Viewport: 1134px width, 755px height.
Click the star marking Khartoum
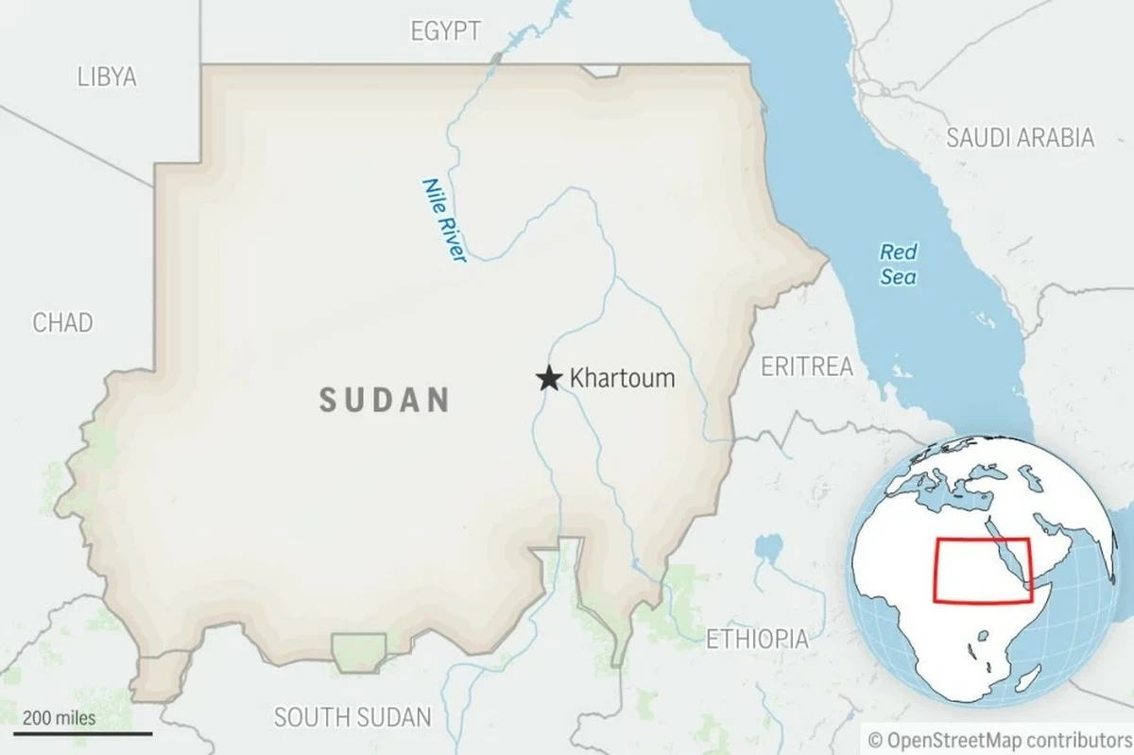(548, 379)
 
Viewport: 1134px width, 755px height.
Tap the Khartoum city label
(622, 379)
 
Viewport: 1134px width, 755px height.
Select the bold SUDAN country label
(384, 400)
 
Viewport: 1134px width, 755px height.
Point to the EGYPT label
(445, 30)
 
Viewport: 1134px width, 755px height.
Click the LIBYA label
(107, 77)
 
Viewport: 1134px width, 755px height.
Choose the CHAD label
(63, 322)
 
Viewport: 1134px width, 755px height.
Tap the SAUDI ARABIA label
(1020, 138)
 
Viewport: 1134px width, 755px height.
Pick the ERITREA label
(806, 367)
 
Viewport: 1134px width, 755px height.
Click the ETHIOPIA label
(757, 639)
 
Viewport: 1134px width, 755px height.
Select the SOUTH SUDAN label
(352, 716)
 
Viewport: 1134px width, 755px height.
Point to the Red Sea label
(898, 265)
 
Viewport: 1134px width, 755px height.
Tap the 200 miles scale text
(60, 717)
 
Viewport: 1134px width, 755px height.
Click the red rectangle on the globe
(982, 570)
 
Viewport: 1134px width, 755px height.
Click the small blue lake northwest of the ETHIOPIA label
(768, 546)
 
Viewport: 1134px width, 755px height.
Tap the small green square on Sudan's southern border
(359, 651)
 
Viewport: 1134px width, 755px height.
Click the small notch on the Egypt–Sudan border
(601, 71)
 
